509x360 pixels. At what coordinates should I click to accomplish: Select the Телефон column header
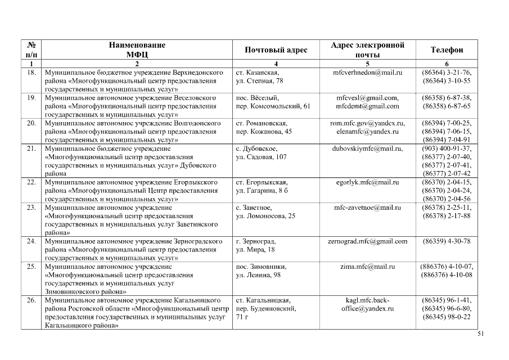[x=447, y=50]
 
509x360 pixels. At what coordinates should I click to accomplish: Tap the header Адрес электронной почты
[x=367, y=50]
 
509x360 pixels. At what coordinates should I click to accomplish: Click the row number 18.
[x=31, y=73]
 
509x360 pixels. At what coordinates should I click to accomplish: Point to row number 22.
[x=31, y=182]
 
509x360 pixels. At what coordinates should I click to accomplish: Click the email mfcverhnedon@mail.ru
[x=367, y=73]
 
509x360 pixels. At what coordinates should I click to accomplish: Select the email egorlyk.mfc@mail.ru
[x=367, y=182]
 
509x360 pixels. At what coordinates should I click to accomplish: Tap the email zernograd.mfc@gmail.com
[x=367, y=241]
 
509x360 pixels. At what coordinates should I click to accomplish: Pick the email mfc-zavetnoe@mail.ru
[x=367, y=208]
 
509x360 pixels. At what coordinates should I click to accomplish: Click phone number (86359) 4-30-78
[x=447, y=241]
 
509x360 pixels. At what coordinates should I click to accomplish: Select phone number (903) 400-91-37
[x=447, y=148]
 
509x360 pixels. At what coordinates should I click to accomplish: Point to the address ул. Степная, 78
[x=259, y=81]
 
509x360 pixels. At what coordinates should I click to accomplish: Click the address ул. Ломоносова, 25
[x=265, y=216]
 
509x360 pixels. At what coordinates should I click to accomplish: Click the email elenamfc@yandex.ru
[x=367, y=132]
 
